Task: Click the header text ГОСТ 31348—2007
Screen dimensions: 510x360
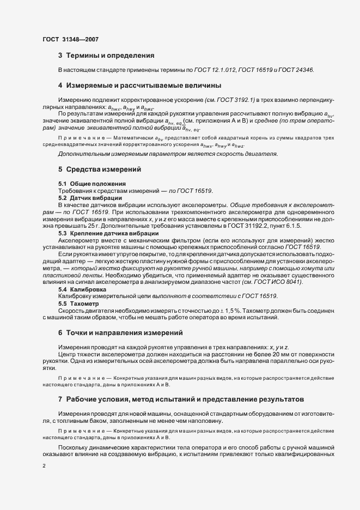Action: coord(70,39)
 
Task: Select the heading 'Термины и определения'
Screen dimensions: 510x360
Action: coord(110,56)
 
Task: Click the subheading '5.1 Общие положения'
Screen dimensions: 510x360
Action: coord(92,184)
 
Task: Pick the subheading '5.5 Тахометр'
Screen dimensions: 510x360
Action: coord(79,303)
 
